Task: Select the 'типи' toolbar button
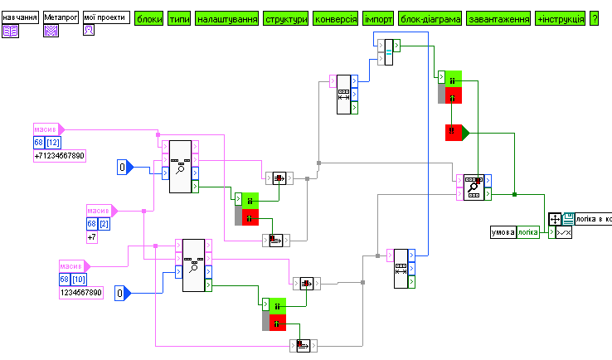click(x=178, y=17)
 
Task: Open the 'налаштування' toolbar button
click(x=226, y=17)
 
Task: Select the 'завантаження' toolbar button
click(x=498, y=17)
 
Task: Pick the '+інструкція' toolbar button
click(x=560, y=17)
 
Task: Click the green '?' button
click(x=594, y=17)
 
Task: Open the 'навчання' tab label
click(x=20, y=17)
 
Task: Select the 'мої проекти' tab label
click(x=105, y=17)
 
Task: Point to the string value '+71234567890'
click(x=59, y=156)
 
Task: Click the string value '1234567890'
click(x=80, y=293)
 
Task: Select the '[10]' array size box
click(x=80, y=280)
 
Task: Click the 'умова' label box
click(x=503, y=232)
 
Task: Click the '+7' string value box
click(x=93, y=238)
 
